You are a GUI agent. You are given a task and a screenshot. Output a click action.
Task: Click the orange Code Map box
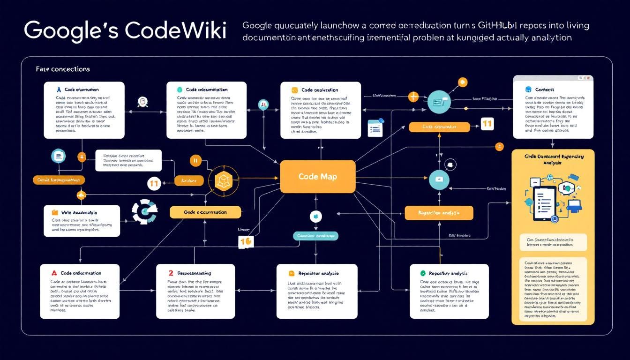pyautogui.click(x=317, y=176)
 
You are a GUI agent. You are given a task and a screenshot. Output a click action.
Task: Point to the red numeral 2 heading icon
pyautogui.click(x=171, y=272)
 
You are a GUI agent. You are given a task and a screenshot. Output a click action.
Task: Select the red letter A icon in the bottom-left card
pyautogui.click(x=54, y=272)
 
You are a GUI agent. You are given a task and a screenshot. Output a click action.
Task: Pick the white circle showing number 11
pyautogui.click(x=154, y=184)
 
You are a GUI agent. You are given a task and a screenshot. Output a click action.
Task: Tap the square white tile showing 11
pyautogui.click(x=487, y=124)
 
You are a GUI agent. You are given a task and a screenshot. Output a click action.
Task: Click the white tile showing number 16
pyautogui.click(x=246, y=241)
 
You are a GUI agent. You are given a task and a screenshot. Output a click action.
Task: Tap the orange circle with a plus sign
pyautogui.click(x=413, y=97)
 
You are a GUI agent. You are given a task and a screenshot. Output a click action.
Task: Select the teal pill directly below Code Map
pyautogui.click(x=315, y=236)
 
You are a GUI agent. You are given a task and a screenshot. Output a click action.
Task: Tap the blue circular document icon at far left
pyautogui.click(x=59, y=156)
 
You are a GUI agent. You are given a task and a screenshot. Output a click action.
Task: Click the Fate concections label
pyautogui.click(x=63, y=69)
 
